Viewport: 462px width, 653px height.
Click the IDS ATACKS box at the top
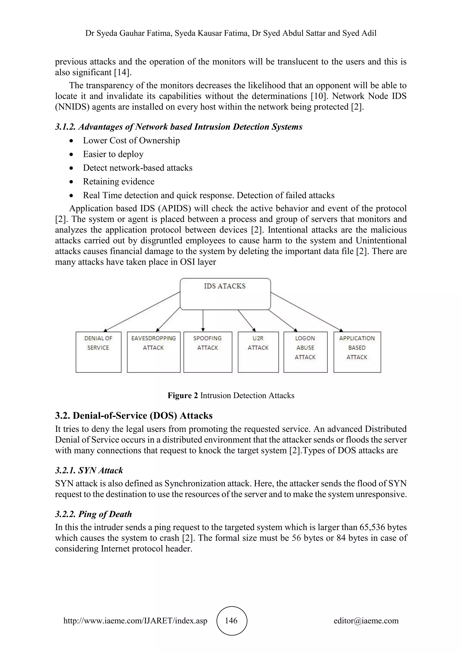pyautogui.click(x=225, y=294)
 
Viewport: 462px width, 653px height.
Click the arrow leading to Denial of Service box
pyautogui.click(x=142, y=311)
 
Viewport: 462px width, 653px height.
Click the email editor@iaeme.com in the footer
pyautogui.click(x=366, y=621)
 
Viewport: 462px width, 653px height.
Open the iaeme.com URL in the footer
pyautogui.click(x=135, y=621)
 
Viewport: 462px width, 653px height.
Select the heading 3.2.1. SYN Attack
pyautogui.click(x=89, y=470)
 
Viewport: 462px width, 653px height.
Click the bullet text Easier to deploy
pyautogui.click(x=113, y=154)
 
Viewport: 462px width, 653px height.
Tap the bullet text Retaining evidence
pyautogui.click(x=119, y=182)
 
